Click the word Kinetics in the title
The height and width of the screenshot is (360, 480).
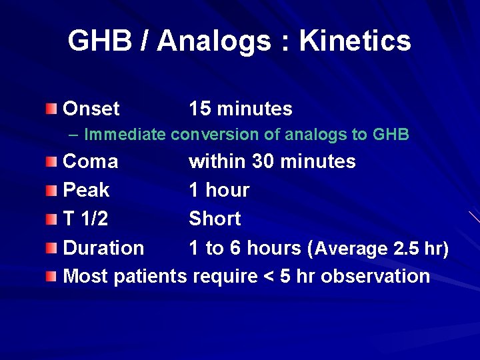[x=355, y=41]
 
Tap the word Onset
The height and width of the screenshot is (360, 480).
[x=91, y=109]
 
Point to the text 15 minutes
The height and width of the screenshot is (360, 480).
[x=240, y=109]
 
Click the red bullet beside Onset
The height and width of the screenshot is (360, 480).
[x=52, y=109]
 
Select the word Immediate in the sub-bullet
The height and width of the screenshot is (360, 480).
[x=125, y=135]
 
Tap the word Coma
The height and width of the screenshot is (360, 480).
[x=90, y=161]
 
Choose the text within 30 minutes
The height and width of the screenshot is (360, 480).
[x=272, y=161]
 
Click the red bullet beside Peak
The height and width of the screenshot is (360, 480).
[x=52, y=191]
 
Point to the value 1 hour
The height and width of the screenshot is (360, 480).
[x=219, y=190]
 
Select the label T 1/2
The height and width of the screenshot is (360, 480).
[x=85, y=219]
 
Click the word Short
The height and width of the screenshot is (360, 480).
[x=215, y=219]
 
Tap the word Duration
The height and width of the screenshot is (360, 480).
[x=103, y=248]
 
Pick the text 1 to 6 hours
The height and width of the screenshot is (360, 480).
[x=245, y=248]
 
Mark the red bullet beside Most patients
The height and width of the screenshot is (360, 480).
[x=52, y=277]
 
